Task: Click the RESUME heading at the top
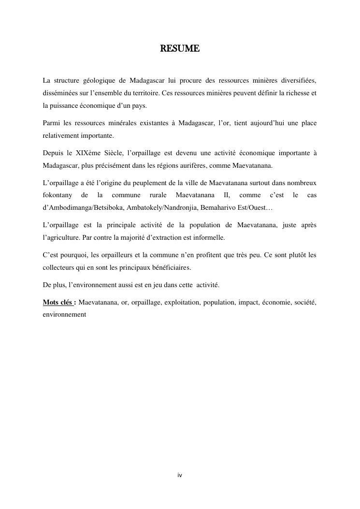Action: [x=180, y=49]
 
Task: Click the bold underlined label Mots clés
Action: [x=58, y=303]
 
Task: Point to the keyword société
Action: [x=304, y=303]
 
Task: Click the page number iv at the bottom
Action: [x=180, y=476]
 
